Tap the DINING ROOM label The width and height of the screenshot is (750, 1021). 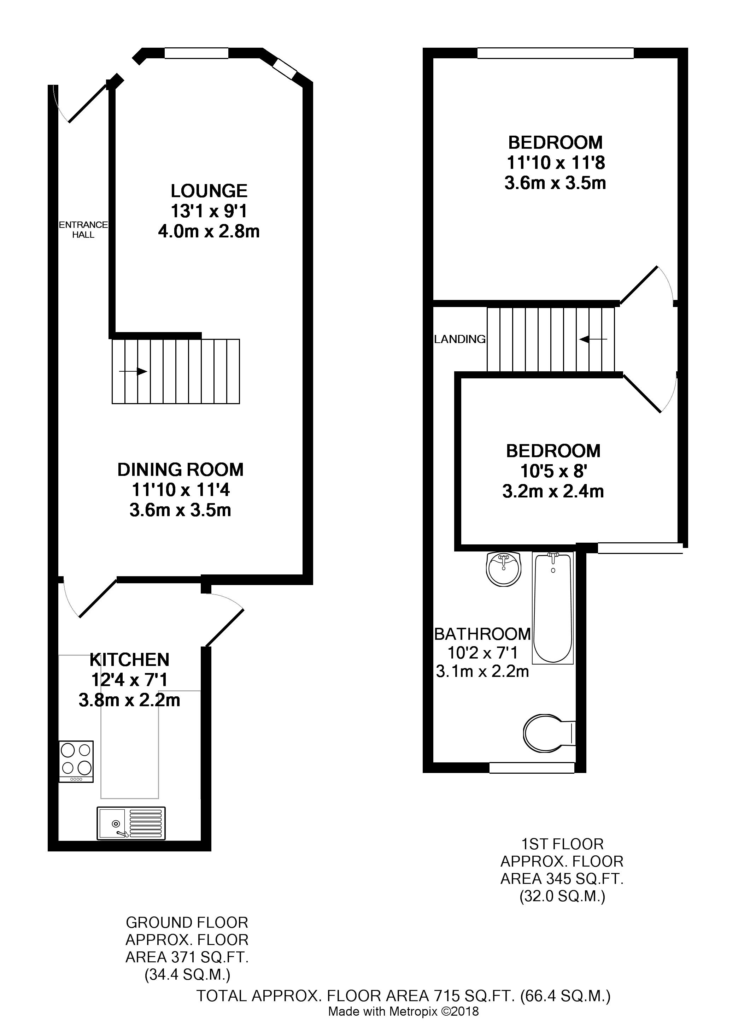click(x=181, y=470)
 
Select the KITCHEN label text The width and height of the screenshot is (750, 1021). click(x=129, y=659)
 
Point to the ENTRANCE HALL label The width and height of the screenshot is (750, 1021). click(x=83, y=230)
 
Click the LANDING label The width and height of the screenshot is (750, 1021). click(x=460, y=339)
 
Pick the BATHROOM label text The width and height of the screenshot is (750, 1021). click(x=482, y=634)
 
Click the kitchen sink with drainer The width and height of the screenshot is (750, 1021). click(x=131, y=823)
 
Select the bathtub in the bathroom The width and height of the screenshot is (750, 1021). click(x=553, y=608)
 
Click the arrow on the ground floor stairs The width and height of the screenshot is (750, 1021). click(x=133, y=372)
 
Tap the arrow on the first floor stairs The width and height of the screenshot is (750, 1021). click(x=593, y=339)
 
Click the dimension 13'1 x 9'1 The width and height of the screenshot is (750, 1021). click(x=209, y=212)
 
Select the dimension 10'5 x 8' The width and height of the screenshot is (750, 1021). click(x=553, y=472)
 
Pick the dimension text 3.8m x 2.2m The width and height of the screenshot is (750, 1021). click(x=129, y=700)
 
